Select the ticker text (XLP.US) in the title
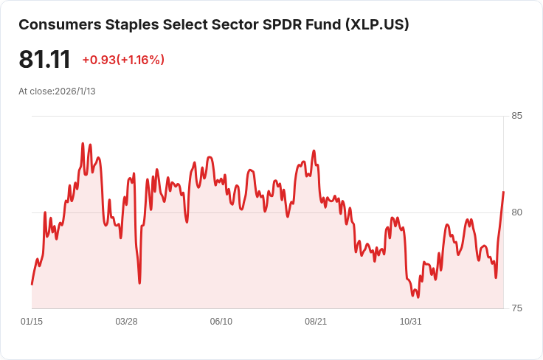[x=376, y=24]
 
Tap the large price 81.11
[x=44, y=60]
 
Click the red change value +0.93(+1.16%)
[x=123, y=60]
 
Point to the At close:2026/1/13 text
[x=57, y=91]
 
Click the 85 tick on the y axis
[x=516, y=116]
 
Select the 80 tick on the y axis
[x=516, y=212]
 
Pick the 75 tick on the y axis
[x=516, y=308]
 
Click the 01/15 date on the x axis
[x=32, y=322]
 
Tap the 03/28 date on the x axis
[x=126, y=322]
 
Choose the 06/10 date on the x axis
[x=221, y=322]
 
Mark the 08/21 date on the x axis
[x=316, y=322]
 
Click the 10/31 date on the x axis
[x=410, y=322]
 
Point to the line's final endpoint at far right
[x=503, y=193]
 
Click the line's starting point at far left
[x=32, y=284]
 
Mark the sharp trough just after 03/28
[x=139, y=283]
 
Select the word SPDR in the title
[x=282, y=24]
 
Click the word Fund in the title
[x=321, y=24]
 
